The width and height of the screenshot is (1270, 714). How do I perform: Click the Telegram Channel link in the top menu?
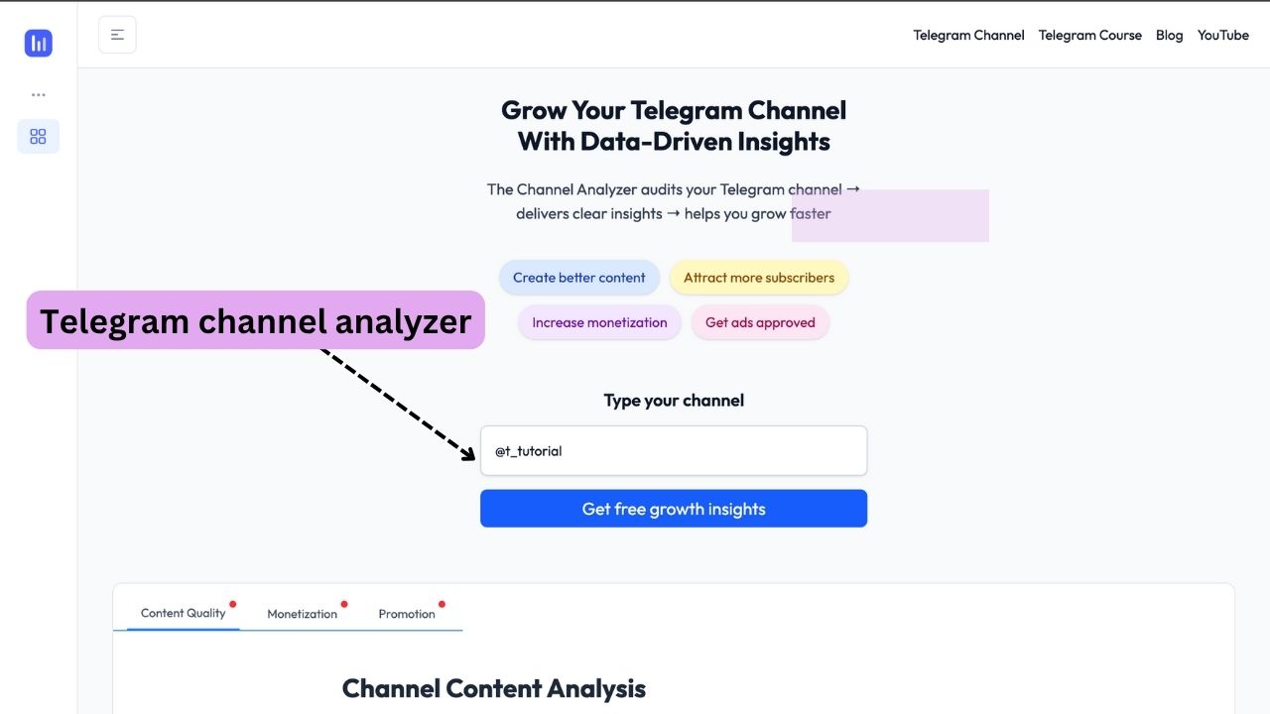click(x=968, y=35)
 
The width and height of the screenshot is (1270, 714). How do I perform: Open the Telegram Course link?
click(x=1089, y=35)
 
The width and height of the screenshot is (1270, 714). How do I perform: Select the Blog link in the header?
click(x=1169, y=35)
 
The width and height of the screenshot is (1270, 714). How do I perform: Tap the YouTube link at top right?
click(x=1223, y=35)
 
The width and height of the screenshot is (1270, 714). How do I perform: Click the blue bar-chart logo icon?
click(x=39, y=43)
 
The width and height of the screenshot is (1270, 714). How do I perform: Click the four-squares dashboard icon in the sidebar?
click(x=38, y=136)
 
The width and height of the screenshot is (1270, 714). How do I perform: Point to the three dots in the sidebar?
click(x=39, y=94)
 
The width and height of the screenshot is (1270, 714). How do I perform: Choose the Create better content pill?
click(x=578, y=277)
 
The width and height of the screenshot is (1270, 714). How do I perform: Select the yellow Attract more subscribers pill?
click(x=759, y=277)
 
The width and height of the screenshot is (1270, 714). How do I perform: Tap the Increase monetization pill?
click(x=599, y=322)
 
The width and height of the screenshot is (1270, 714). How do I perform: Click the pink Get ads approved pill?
click(x=760, y=322)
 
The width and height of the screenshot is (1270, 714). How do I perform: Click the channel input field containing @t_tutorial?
click(x=674, y=450)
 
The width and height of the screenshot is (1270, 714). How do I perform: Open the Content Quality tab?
click(x=184, y=613)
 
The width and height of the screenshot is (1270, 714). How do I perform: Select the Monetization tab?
click(x=303, y=614)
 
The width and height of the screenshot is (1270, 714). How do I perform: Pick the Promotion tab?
click(x=407, y=614)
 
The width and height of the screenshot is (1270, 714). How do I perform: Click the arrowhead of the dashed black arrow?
click(x=469, y=454)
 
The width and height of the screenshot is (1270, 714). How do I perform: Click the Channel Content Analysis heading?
click(x=493, y=688)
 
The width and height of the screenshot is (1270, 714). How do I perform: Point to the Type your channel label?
click(x=674, y=401)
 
